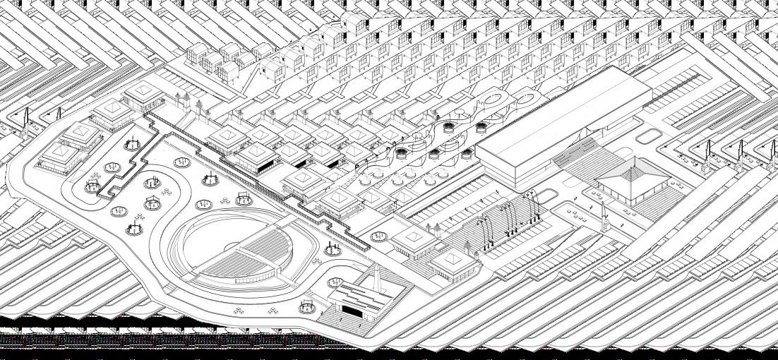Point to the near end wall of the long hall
click(x=503, y=169)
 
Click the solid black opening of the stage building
click(x=353, y=310)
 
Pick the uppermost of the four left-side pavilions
click(x=142, y=91)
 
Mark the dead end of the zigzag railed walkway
click(x=367, y=247)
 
